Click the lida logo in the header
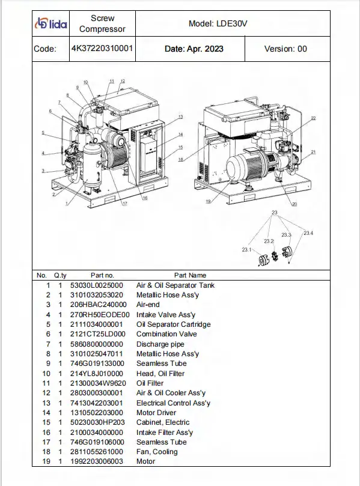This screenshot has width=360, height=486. coord(51,23)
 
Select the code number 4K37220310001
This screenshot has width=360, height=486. coord(102,48)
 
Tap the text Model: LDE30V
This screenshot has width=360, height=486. coord(218,24)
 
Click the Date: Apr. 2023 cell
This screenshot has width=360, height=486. coord(194,49)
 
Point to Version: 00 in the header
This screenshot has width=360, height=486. coord(285,49)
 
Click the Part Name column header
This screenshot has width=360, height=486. coord(190,275)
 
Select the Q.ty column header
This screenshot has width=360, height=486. coord(60,275)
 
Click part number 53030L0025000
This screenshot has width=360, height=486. coord(96,285)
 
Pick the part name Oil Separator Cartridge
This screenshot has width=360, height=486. coord(173,324)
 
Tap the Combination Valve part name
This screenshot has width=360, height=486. coord(166,334)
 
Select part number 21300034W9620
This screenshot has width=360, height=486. coord(98,383)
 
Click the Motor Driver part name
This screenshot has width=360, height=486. coord(156,413)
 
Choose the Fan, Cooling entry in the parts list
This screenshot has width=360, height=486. coord(157,452)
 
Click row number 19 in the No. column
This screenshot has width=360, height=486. coord(46,461)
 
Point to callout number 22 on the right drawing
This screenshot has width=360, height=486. coord(313,118)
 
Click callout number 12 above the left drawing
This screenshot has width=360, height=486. coord(123,81)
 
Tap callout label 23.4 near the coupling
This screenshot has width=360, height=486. coord(308,233)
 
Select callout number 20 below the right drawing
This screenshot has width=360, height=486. coord(294,204)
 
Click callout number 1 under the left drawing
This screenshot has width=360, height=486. coord(66,204)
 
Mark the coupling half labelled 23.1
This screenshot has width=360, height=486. coord(264,260)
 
